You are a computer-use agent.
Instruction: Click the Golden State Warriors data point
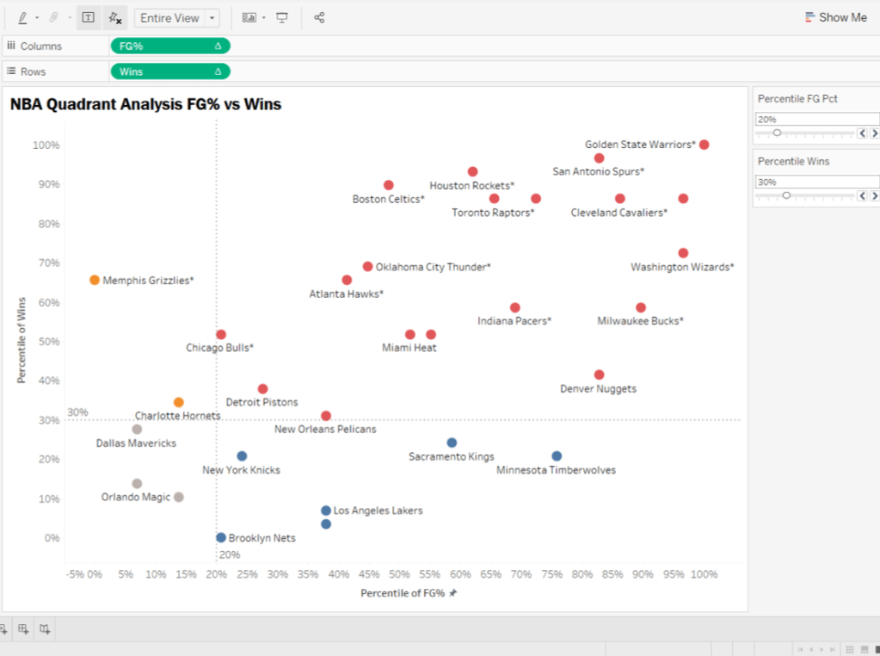tap(704, 145)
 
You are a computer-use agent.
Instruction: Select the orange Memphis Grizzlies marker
tap(95, 280)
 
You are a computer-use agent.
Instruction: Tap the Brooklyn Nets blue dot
tap(221, 537)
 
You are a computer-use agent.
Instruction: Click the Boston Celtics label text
tap(388, 200)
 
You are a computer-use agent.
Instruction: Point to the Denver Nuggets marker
tap(599, 374)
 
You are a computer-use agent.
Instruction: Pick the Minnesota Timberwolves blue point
tap(557, 456)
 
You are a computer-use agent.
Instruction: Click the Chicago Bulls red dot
tap(221, 334)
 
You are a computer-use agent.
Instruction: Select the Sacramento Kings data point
tap(452, 442)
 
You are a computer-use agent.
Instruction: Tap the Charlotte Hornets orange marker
tap(179, 402)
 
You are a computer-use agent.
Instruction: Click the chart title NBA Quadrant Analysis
tap(145, 105)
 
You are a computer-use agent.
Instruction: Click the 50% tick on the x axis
tap(398, 574)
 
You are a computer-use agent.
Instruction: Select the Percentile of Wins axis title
tap(22, 340)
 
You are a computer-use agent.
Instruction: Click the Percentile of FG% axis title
tap(403, 593)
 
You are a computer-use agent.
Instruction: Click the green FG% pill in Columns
tap(169, 46)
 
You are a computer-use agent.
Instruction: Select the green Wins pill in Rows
tap(169, 71)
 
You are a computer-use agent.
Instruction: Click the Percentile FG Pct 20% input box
tap(816, 120)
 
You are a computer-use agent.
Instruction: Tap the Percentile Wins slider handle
tap(786, 195)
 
